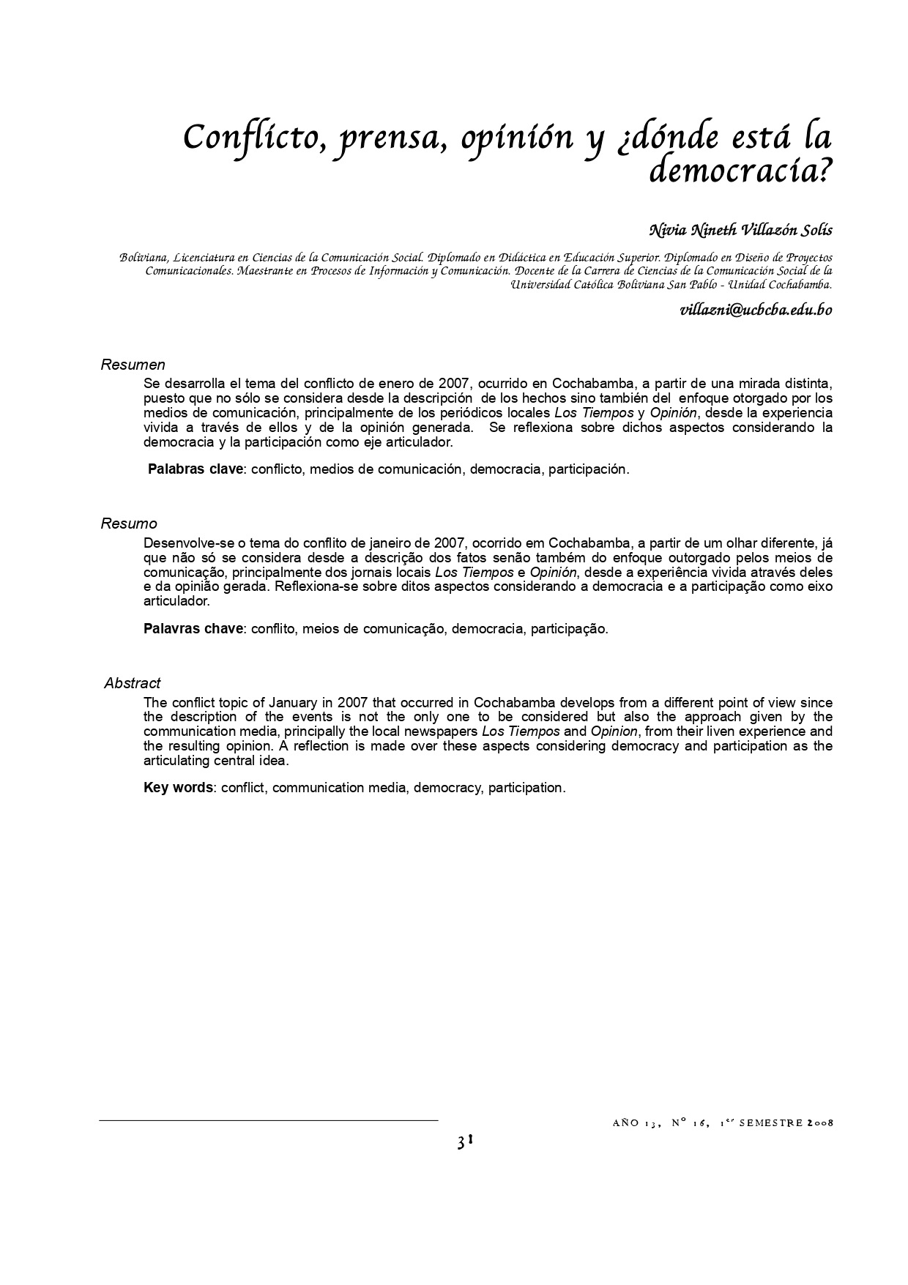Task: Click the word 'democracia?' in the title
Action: [740, 170]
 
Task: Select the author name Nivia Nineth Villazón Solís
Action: [740, 230]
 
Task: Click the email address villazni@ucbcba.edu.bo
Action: [756, 309]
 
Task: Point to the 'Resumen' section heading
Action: [133, 365]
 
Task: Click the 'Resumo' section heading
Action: [129, 524]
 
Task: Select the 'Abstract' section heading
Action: [132, 683]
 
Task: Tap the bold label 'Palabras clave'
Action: [195, 469]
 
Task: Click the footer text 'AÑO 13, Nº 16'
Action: [658, 1123]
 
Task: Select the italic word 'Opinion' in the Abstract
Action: [614, 731]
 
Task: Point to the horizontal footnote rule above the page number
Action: [268, 1120]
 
